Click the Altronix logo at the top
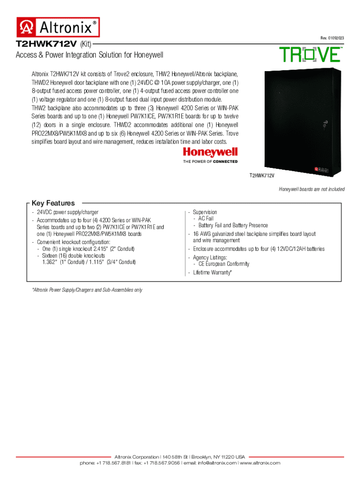tap(58, 27)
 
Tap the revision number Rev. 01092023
tap(332, 38)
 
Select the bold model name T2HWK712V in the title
tap(46, 44)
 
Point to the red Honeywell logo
tap(210, 152)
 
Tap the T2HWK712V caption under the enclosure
tap(261, 175)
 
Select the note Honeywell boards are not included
tap(312, 189)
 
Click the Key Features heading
tap(53, 203)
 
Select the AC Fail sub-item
tap(206, 218)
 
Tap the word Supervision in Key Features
tap(205, 212)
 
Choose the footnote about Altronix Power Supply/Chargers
tap(87, 290)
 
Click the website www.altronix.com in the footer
tap(260, 463)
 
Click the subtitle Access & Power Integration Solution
tap(89, 55)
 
